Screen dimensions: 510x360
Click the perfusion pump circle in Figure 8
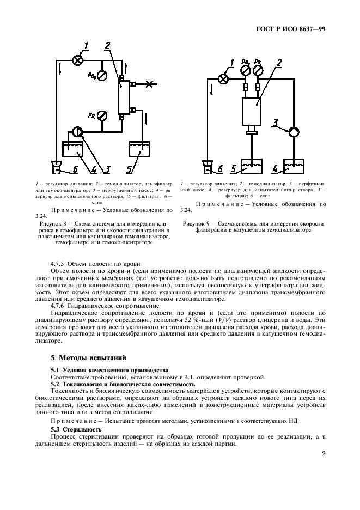pyautogui.click(x=77, y=131)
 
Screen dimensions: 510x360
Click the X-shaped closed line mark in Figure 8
pyautogui.click(x=150, y=84)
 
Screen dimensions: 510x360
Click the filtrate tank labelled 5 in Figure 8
pyautogui.click(x=138, y=150)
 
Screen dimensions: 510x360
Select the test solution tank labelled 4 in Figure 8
pyautogui.click(x=73, y=150)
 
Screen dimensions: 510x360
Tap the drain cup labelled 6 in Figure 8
pyautogui.click(x=57, y=165)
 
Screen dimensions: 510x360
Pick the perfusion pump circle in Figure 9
pyautogui.click(x=294, y=131)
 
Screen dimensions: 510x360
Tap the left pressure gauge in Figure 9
pyautogui.click(x=246, y=71)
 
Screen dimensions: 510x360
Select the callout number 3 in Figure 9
pyautogui.click(x=276, y=124)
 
